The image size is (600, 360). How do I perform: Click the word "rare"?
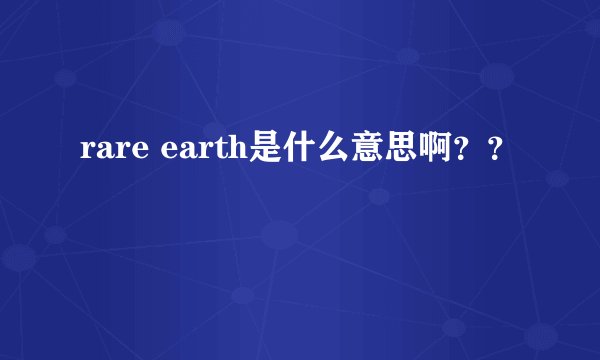pyautogui.click(x=112, y=153)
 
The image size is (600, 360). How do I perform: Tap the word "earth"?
pyautogui.click(x=207, y=153)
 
